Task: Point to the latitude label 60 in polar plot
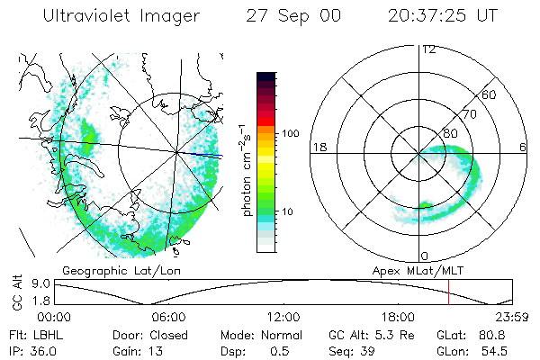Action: tap(490, 94)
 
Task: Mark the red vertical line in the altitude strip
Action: tap(448, 292)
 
